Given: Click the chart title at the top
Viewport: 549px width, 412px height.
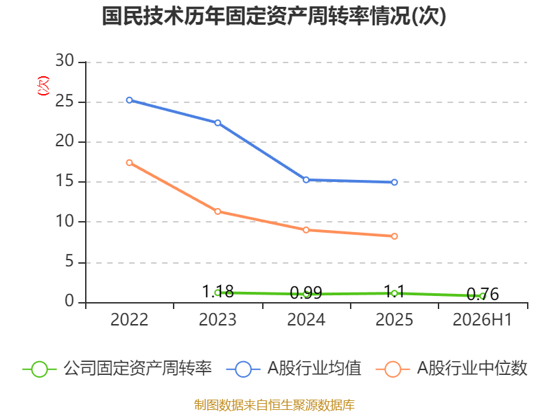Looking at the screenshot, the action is coord(274,16).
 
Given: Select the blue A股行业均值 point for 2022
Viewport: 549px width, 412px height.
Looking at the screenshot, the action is coord(129,100).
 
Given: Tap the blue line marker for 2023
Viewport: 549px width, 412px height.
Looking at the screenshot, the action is coord(218,123).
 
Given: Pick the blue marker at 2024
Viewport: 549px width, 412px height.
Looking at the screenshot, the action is coord(306,180).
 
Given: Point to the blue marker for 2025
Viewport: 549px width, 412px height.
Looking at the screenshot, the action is coord(394,182).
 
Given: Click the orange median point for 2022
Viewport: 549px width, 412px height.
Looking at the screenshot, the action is coord(129,163).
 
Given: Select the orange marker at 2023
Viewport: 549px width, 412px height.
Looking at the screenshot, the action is coord(218,211).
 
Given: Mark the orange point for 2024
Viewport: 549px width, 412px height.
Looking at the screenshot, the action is coord(306,230).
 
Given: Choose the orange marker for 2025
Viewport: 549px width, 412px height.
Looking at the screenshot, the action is coord(394,236).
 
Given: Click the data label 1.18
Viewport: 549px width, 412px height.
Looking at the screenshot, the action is coord(218,291).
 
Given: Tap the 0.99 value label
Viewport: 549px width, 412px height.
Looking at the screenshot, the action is coord(306,293).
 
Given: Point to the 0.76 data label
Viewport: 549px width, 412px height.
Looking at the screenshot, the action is coord(483,295).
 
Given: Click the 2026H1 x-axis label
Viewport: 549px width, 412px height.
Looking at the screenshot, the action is coord(482,320).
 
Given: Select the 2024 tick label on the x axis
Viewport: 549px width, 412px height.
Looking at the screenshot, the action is coord(306,320).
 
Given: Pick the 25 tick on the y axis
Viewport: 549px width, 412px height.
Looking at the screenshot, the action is coord(65,102).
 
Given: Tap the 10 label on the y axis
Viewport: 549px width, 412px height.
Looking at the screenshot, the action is coord(65,221).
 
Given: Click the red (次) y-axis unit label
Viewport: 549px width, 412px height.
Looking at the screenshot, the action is coord(43,86).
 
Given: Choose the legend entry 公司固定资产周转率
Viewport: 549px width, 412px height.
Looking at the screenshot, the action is coord(117,369).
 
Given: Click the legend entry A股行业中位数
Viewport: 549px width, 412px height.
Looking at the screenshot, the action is coord(452,369).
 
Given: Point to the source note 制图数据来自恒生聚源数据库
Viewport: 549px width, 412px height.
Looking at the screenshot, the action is coord(274,405).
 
